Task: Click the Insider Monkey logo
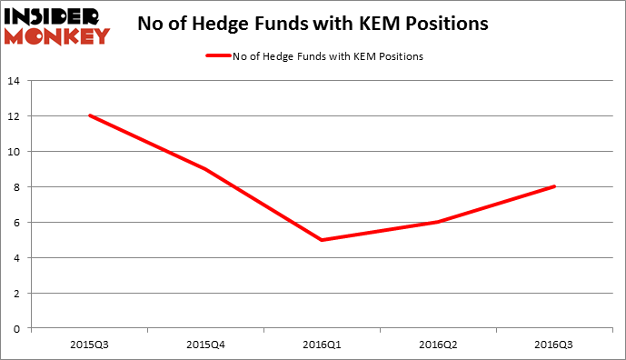[57, 24]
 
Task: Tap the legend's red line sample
[217, 56]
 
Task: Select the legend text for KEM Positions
[326, 56]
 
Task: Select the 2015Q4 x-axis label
[206, 344]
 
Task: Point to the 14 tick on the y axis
[15, 81]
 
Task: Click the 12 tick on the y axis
[15, 116]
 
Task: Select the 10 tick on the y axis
[15, 152]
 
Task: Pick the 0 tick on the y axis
[17, 328]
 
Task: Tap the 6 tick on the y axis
[17, 223]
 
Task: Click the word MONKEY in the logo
[57, 36]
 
